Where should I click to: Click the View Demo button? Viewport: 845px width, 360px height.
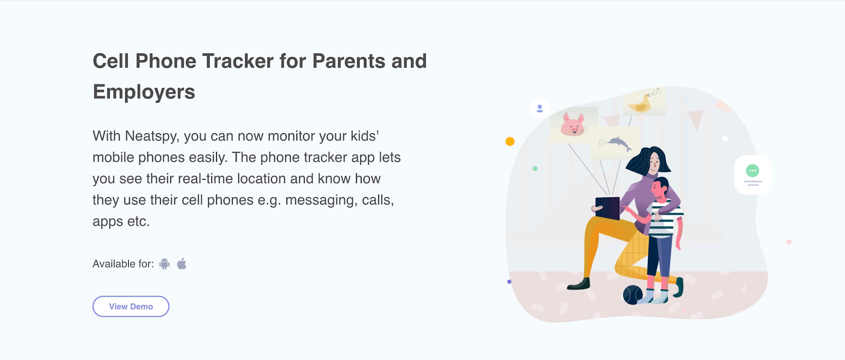click(131, 307)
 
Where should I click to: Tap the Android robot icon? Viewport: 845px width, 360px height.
click(164, 264)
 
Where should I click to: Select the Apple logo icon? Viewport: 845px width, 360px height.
click(182, 264)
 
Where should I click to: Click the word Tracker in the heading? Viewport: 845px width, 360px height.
click(238, 61)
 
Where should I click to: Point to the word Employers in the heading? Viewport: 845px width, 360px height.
click(144, 92)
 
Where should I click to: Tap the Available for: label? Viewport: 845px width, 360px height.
click(124, 264)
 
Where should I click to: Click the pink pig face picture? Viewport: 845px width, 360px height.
click(572, 125)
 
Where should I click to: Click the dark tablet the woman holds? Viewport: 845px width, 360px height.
click(607, 208)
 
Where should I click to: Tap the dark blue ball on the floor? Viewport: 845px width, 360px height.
click(633, 295)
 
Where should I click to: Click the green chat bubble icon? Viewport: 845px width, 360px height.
click(753, 171)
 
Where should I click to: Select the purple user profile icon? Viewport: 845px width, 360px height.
click(540, 109)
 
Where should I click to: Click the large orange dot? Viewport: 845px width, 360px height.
click(510, 141)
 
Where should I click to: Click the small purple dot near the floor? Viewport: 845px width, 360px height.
click(509, 281)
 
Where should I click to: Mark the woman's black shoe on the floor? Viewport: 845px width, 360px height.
click(579, 285)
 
